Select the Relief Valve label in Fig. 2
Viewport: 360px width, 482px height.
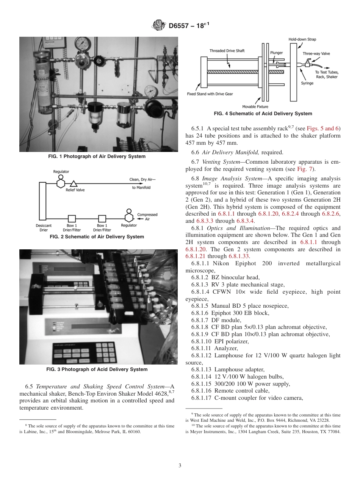pyautogui.click(x=75, y=190)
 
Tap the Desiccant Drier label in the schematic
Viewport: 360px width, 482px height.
pyautogui.click(x=44, y=228)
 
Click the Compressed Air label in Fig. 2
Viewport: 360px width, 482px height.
pyautogui.click(x=147, y=217)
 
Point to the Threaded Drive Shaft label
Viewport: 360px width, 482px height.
pyautogui.click(x=227, y=51)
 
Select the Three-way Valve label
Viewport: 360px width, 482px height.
pyautogui.click(x=316, y=54)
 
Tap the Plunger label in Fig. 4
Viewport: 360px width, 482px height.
pyautogui.click(x=277, y=53)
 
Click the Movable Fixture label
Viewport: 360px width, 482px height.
pyautogui.click(x=255, y=106)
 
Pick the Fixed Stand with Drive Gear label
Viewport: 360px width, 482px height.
pyautogui.click(x=210, y=94)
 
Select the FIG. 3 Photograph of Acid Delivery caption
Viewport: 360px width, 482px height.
pyautogui.click(x=99, y=369)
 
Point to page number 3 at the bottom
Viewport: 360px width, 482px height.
pyautogui.click(x=180, y=466)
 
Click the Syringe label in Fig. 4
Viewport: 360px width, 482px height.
pyautogui.click(x=307, y=83)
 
